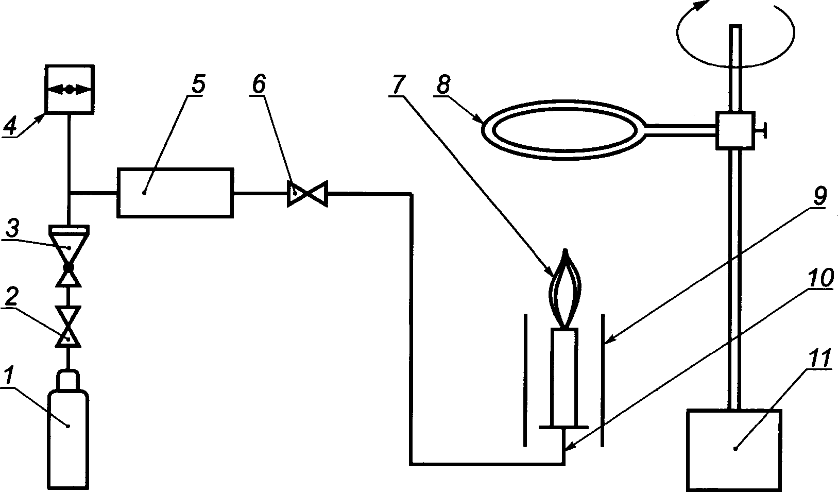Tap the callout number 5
point(198,84)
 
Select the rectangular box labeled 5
point(175,192)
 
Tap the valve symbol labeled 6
point(307,194)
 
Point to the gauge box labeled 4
point(69,89)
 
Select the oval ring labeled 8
point(561,128)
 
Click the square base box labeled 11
point(734,449)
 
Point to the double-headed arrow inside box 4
point(69,89)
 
